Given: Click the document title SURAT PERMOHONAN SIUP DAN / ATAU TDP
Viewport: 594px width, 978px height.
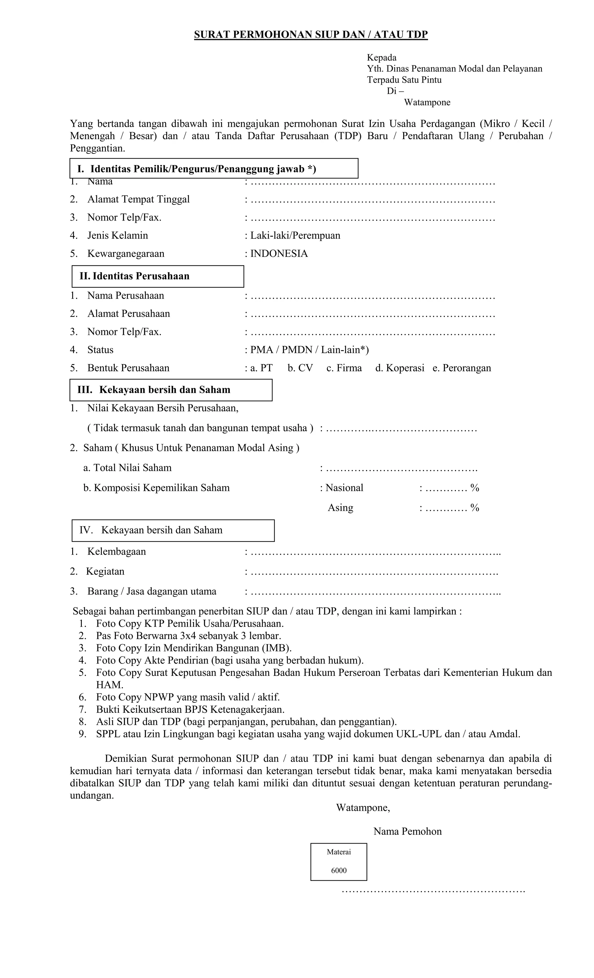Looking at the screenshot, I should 311,35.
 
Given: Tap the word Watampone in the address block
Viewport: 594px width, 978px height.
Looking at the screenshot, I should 427,102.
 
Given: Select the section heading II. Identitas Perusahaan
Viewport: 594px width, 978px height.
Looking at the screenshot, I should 135,276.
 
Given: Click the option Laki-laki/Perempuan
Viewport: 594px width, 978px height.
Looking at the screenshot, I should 295,235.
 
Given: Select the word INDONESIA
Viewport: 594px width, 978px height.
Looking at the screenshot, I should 279,254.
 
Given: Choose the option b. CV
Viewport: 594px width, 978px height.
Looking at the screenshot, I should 300,368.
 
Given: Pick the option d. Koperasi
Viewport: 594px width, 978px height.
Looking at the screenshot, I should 399,368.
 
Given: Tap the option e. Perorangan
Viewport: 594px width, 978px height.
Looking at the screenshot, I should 461,368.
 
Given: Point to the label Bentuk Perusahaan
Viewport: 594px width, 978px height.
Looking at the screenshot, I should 128,368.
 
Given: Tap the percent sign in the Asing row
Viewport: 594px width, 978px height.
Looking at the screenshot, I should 475,508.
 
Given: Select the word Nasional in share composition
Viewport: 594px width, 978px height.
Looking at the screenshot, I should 344,488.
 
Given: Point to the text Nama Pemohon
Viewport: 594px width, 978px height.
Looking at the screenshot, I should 408,832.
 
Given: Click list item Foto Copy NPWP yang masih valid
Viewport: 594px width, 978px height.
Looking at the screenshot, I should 187,697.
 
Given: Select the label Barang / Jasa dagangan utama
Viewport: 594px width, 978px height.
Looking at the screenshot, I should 152,591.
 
